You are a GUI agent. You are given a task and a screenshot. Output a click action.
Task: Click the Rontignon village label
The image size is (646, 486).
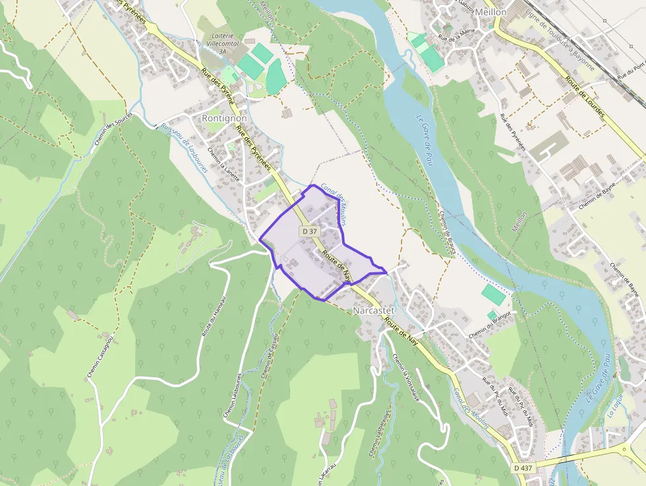click(225, 117)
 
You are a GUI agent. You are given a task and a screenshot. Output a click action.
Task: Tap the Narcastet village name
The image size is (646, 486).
click(374, 310)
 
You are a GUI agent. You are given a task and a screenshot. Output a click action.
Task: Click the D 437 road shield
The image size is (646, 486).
click(523, 468)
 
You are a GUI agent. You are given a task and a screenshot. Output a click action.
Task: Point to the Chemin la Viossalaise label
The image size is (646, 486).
click(405, 379)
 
